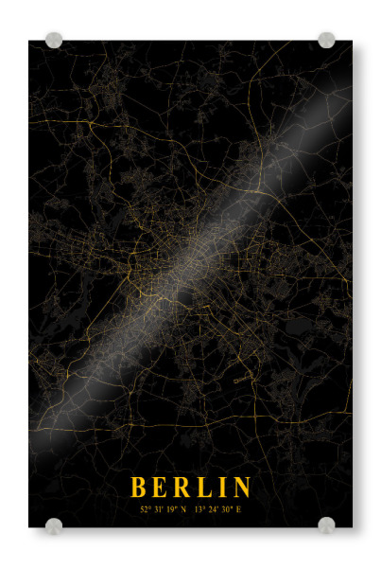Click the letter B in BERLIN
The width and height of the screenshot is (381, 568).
click(138, 488)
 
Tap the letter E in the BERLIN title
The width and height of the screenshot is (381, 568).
click(160, 488)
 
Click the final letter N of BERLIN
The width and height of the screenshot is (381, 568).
click(242, 488)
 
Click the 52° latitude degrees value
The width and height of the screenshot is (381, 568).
click(145, 509)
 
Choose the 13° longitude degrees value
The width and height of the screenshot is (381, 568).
click(199, 509)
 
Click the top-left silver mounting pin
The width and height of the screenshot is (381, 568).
click(54, 41)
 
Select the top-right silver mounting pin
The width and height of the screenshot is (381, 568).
click(326, 40)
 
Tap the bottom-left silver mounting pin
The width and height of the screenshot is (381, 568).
click(54, 525)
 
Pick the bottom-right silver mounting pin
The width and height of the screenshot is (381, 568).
click(326, 524)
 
